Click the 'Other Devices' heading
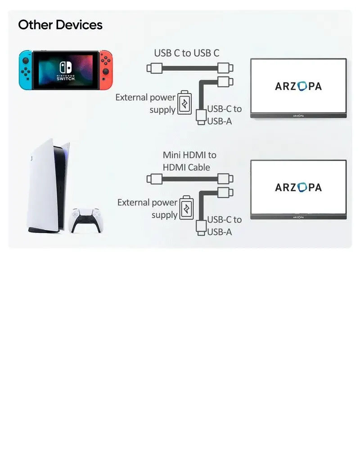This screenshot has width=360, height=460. pyautogui.click(x=60, y=25)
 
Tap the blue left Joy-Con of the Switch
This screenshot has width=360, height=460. pyautogui.click(x=26, y=70)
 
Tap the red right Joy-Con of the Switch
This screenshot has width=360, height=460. pyautogui.click(x=106, y=70)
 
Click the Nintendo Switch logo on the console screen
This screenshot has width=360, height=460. pyautogui.click(x=66, y=71)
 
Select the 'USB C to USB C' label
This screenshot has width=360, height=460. pyautogui.click(x=186, y=53)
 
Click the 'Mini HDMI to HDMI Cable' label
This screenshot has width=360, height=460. pyautogui.click(x=189, y=161)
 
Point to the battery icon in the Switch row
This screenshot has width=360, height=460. pyautogui.click(x=184, y=103)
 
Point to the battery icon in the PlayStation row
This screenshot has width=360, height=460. pyautogui.click(x=186, y=207)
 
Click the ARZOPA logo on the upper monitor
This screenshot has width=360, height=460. pyautogui.click(x=298, y=86)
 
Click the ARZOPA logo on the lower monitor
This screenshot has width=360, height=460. pyautogui.click(x=298, y=188)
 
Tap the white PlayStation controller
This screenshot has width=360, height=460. pyautogui.click(x=86, y=220)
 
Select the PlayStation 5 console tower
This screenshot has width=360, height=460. pyautogui.click(x=48, y=186)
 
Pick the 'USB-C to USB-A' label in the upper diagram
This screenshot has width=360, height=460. pyautogui.click(x=225, y=115)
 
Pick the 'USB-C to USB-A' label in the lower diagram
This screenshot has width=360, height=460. pyautogui.click(x=225, y=226)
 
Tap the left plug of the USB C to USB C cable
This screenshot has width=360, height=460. pyautogui.click(x=154, y=68)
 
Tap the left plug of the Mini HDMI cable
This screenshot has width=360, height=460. pyautogui.click(x=154, y=179)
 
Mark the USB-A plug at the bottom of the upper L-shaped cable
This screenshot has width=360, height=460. pyautogui.click(x=201, y=117)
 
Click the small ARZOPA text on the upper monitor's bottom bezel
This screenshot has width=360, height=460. pyautogui.click(x=298, y=116)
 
